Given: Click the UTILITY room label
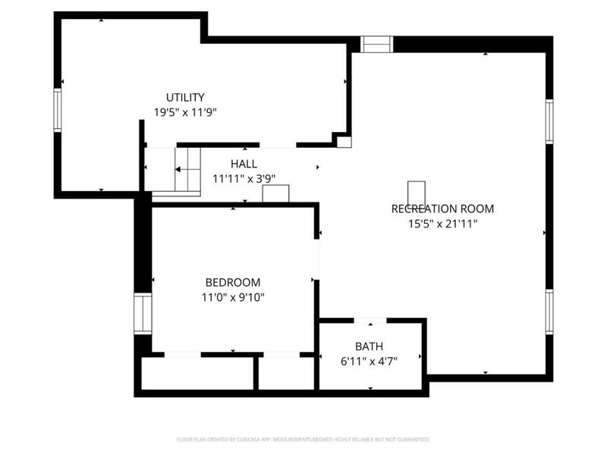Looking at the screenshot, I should click(185, 97).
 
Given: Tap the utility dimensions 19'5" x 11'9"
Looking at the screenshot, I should click(185, 111).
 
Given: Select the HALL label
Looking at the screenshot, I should click(244, 164).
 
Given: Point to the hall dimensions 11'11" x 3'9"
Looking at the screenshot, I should click(244, 178).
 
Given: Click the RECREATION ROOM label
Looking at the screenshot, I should click(442, 209).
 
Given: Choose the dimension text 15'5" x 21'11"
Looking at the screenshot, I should click(442, 223).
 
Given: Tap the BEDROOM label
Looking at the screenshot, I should click(233, 282).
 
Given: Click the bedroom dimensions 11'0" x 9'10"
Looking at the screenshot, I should click(233, 297).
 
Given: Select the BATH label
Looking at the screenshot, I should click(369, 347).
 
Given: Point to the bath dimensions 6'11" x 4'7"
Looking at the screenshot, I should click(369, 361).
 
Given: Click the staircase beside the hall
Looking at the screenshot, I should click(187, 171).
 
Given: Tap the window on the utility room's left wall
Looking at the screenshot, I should click(57, 111).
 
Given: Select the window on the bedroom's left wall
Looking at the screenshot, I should click(143, 313).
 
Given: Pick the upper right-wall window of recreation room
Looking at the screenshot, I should click(549, 121).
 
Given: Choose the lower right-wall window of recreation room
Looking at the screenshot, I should click(549, 312).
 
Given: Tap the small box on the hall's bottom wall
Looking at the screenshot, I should click(275, 194).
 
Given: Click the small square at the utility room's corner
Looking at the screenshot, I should click(344, 142).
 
